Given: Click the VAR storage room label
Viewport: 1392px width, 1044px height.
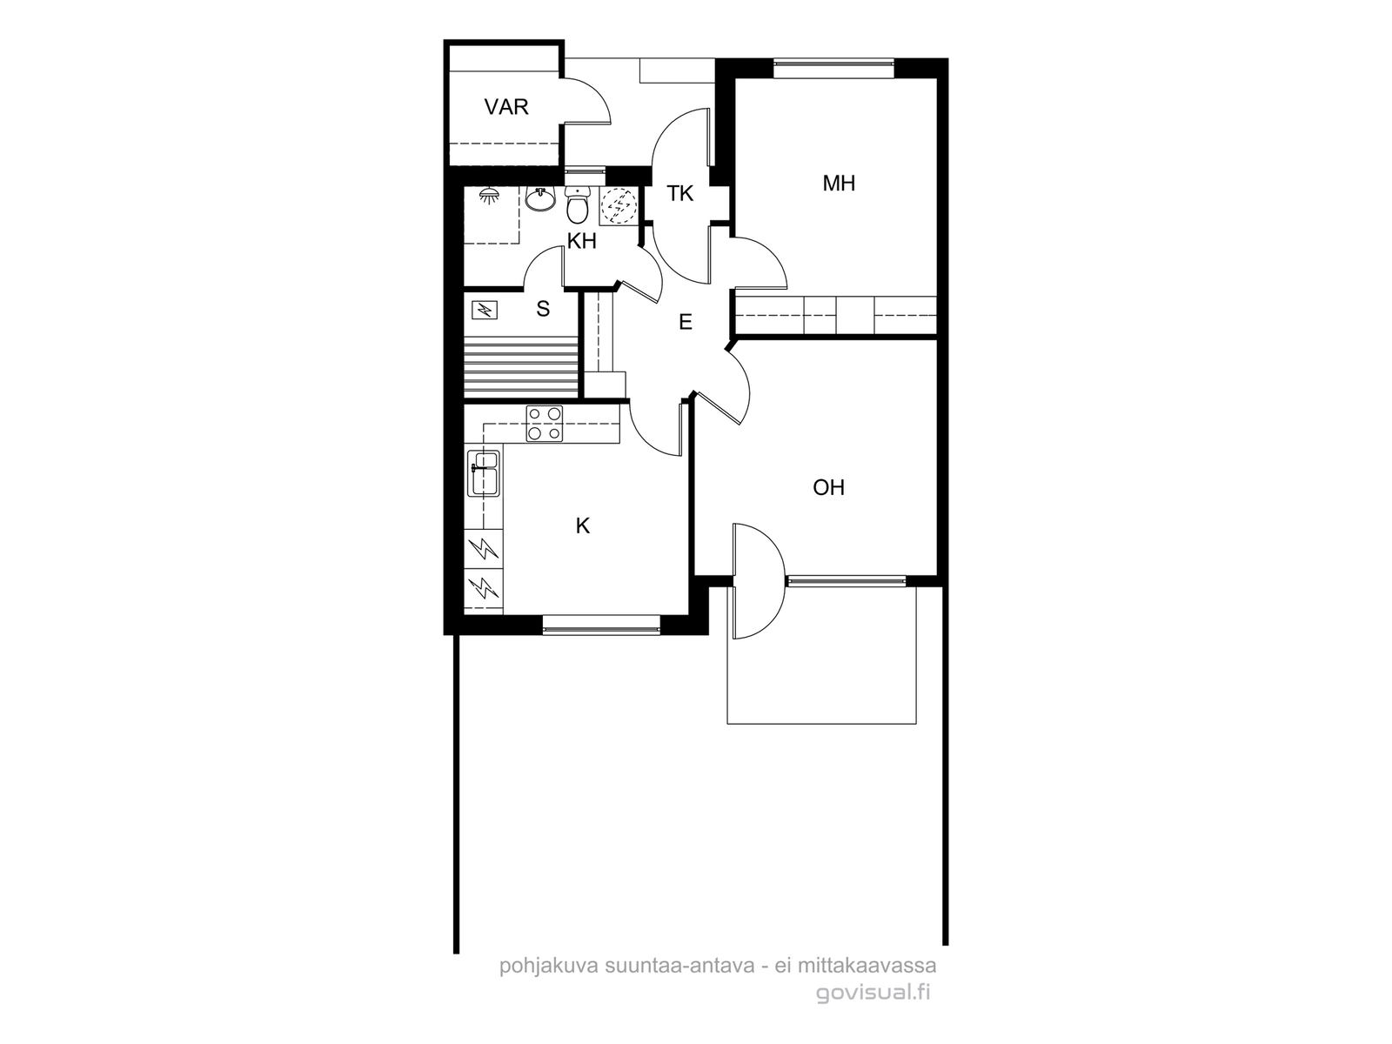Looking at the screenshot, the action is coord(506,107).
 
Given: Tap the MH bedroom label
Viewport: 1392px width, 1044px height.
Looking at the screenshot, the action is coord(839,184).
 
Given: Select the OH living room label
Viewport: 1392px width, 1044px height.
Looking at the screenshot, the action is coord(828,487).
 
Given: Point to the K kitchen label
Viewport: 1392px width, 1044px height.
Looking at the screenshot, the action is coord(582,525).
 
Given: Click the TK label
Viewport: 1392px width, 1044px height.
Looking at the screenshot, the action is coord(679,193).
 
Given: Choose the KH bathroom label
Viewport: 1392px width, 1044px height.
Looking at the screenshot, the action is coord(581,241).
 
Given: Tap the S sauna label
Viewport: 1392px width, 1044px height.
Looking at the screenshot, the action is coord(543,309).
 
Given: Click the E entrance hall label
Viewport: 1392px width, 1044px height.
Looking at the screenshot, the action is coord(686,322).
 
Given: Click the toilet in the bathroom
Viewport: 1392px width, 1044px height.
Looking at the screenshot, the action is coord(577,204).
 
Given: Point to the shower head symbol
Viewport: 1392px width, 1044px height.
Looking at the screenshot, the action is coord(488,196).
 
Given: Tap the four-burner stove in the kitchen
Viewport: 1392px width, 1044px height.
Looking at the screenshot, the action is coord(544,424).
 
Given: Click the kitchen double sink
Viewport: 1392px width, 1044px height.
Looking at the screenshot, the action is coord(483,473).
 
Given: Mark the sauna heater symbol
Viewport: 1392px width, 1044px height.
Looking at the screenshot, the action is coord(485,310).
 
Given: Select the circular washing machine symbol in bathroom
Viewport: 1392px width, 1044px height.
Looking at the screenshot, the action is coord(619,205).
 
